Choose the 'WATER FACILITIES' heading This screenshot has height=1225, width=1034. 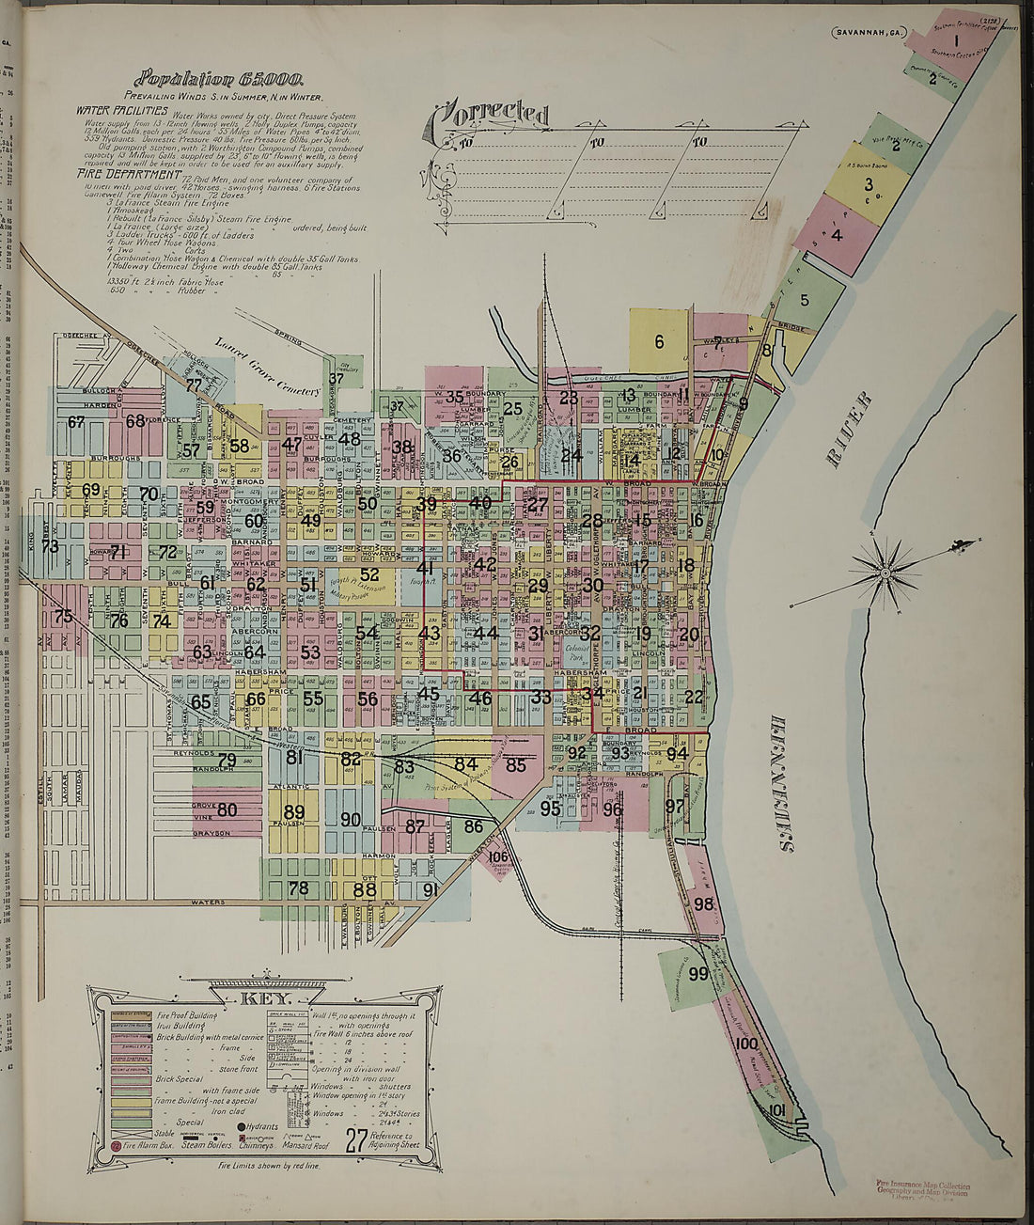(x=122, y=110)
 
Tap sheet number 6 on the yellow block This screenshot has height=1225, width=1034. (x=659, y=341)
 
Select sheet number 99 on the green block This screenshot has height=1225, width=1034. (x=697, y=974)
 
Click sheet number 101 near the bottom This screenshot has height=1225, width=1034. (x=775, y=1110)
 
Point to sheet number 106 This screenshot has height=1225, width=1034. (x=498, y=856)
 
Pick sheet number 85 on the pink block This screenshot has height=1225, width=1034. (x=515, y=765)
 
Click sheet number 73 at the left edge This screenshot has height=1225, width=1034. (x=50, y=546)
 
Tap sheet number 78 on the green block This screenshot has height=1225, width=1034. (x=298, y=887)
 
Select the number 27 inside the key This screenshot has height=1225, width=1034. (x=356, y=1140)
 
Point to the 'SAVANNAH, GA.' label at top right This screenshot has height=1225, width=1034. (x=865, y=33)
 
